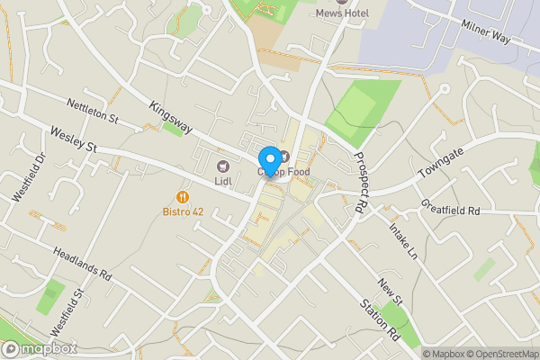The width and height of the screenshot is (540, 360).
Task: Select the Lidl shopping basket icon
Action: point(222,166)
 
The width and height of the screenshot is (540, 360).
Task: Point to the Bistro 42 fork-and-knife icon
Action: point(183,196)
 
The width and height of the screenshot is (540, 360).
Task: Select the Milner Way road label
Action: point(485,35)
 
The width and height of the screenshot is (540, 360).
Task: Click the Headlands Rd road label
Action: point(81,263)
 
